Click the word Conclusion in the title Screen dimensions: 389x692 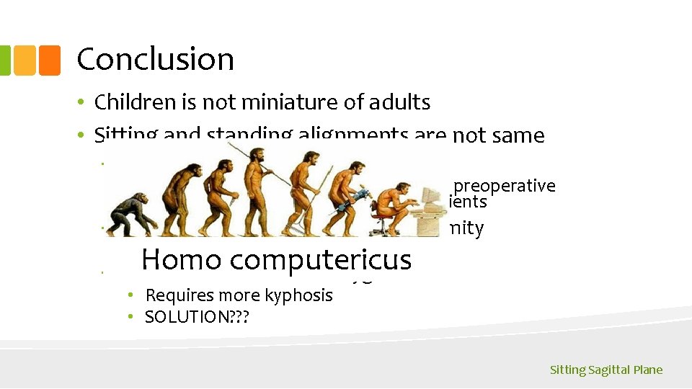[155, 59]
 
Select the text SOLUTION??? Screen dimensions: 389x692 [196, 317]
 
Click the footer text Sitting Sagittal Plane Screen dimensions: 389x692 [605, 370]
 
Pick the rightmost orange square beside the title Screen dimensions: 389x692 [49, 61]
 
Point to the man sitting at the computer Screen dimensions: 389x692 [393, 205]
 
